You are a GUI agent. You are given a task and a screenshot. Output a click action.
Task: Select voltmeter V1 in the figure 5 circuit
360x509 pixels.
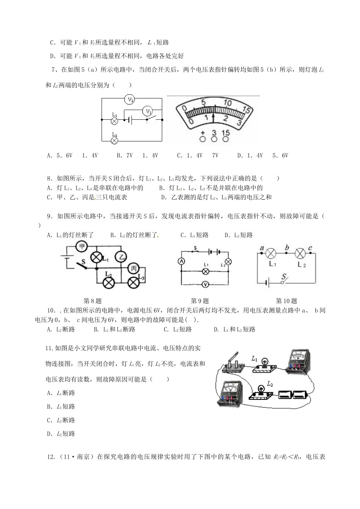point(147,112)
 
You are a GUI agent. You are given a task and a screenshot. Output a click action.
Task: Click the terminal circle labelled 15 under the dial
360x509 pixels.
point(226,139)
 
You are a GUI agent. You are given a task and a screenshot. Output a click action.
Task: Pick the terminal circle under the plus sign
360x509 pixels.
point(202,139)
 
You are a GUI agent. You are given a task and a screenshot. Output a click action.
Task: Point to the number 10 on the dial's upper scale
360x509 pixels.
point(227,103)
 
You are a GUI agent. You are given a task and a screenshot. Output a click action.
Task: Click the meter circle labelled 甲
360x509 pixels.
point(81,247)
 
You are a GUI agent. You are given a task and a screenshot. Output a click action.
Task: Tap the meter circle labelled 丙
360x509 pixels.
point(133,269)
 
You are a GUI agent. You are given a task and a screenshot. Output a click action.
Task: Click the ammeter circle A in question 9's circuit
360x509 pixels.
point(181,261)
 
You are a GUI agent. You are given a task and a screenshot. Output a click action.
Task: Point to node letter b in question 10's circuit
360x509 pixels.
point(287,248)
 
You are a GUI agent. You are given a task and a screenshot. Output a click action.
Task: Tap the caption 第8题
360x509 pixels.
point(92,301)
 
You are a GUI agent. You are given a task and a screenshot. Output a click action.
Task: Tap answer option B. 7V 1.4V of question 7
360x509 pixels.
point(137,155)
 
